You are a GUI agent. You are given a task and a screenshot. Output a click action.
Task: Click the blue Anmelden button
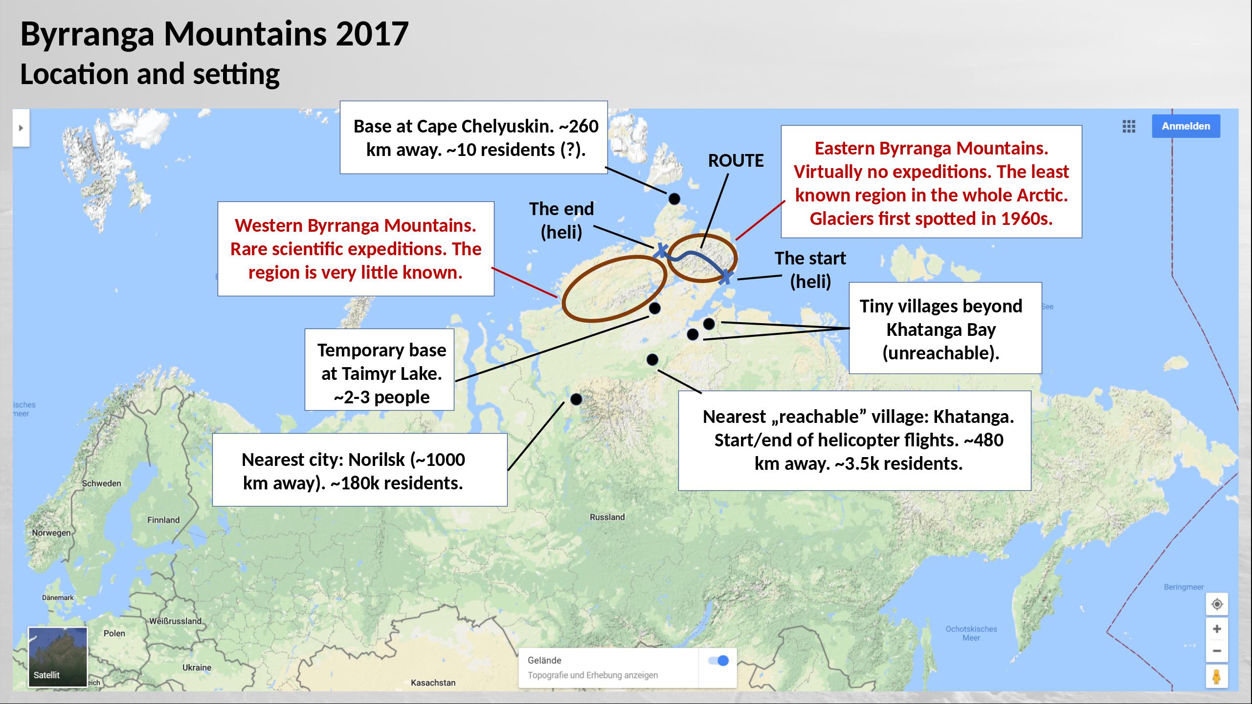tap(1186, 126)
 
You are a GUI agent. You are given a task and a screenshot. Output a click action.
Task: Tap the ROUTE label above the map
tap(736, 161)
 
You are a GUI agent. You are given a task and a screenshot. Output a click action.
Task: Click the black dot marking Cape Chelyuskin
tap(674, 199)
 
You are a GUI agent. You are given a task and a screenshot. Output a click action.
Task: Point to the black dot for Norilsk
tap(576, 399)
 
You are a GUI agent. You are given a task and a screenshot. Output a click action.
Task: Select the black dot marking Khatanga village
tap(652, 360)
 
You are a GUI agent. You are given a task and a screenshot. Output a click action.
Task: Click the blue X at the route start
tap(726, 277)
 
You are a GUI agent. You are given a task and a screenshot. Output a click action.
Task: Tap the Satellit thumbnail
tap(58, 657)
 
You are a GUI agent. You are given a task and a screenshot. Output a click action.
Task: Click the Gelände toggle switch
tap(718, 661)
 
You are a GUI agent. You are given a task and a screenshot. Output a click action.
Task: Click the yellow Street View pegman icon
tap(1217, 677)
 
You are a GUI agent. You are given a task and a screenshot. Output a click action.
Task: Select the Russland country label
tap(607, 517)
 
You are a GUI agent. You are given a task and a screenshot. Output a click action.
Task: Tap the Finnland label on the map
tap(163, 520)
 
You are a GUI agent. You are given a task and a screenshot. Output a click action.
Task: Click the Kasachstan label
tap(433, 683)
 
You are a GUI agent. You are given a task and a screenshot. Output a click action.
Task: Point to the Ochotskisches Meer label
tap(971, 633)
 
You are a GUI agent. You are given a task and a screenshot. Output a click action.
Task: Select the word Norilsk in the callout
tap(377, 460)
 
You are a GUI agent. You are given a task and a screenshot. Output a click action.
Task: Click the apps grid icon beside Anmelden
tap(1129, 127)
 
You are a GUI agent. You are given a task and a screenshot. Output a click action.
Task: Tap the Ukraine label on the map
tap(197, 668)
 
